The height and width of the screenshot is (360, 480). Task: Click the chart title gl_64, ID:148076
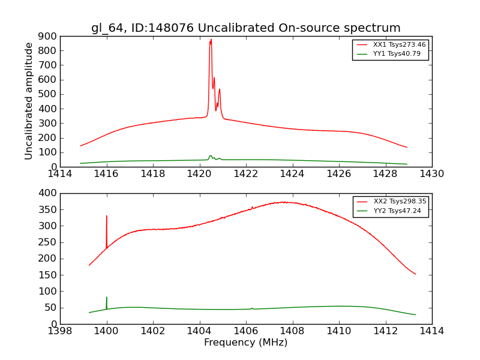[x=246, y=28]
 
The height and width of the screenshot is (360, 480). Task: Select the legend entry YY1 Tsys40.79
[x=397, y=53]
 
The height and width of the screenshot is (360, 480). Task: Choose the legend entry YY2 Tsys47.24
[x=397, y=211]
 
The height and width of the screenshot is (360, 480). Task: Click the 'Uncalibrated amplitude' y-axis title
[x=29, y=101]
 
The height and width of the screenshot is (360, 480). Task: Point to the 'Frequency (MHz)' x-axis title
[x=246, y=343]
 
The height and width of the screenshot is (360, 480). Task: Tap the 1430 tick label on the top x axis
[x=431, y=174]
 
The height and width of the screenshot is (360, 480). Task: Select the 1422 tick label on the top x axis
[x=246, y=174]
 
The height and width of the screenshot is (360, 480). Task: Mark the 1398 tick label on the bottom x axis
[x=60, y=331]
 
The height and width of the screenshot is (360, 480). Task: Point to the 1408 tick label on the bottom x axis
[x=292, y=331]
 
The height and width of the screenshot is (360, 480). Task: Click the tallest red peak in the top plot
[x=211, y=41]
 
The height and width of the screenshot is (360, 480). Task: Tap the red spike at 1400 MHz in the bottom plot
[x=107, y=217]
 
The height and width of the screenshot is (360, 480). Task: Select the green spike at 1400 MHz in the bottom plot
[x=107, y=298]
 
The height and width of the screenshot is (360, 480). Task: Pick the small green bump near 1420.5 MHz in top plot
[x=211, y=156]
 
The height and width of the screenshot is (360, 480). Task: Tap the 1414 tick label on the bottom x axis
[x=431, y=331]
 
